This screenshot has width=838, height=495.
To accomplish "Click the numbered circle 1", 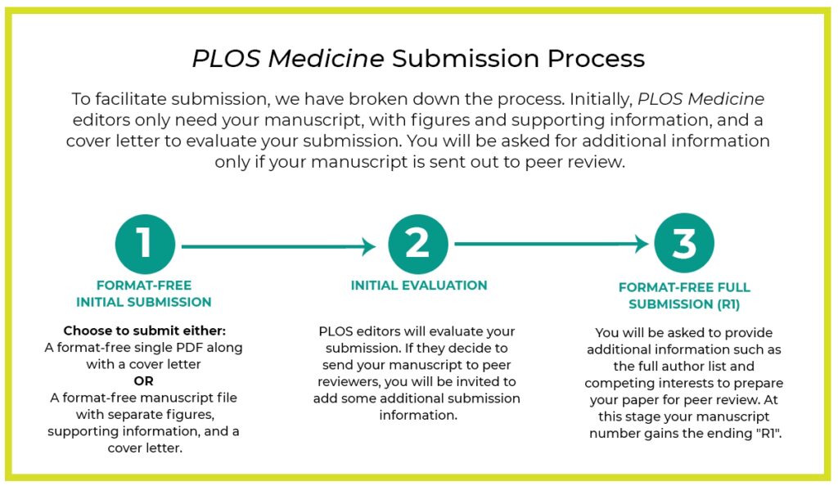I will (x=144, y=244).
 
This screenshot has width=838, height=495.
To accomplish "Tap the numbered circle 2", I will (x=417, y=244).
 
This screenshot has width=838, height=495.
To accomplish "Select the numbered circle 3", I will (x=684, y=244).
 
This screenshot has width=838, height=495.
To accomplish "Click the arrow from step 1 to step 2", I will (x=278, y=245).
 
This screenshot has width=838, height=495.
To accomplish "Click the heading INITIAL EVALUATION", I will (x=419, y=286).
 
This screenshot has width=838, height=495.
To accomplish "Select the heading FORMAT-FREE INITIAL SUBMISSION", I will (x=144, y=294).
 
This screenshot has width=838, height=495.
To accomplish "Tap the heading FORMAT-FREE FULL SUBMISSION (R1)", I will (x=684, y=295).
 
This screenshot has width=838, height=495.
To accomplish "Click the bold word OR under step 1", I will (x=144, y=380).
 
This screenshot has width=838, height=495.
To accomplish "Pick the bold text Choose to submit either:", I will (x=144, y=331).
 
